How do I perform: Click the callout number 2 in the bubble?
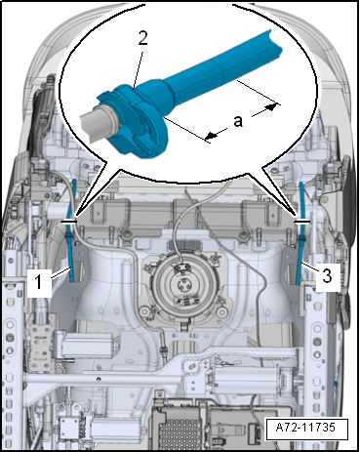(x=142, y=38)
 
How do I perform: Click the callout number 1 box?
(x=39, y=282)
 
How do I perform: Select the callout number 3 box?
(x=327, y=276)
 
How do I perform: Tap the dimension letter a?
(x=238, y=121)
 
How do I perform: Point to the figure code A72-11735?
(x=305, y=427)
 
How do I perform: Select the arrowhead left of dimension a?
(x=212, y=136)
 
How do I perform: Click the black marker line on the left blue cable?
(x=69, y=222)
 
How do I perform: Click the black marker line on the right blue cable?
(x=301, y=222)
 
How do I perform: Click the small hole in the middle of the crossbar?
(x=99, y=379)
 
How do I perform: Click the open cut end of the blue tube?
(x=275, y=44)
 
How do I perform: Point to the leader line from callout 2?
(x=138, y=67)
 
